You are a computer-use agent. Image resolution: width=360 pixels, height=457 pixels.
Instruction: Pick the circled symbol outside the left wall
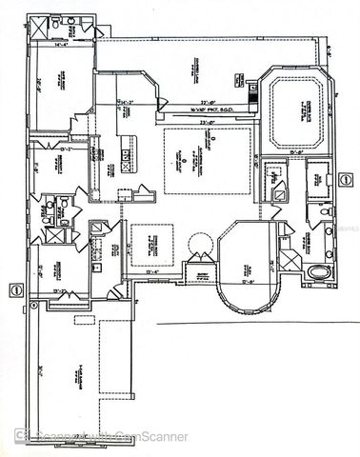(15, 288)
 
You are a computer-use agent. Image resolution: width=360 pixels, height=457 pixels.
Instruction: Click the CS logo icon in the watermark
(19, 437)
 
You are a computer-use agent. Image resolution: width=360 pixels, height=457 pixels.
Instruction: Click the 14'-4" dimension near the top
(61, 42)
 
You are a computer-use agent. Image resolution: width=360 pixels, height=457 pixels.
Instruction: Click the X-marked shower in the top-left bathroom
(44, 28)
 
